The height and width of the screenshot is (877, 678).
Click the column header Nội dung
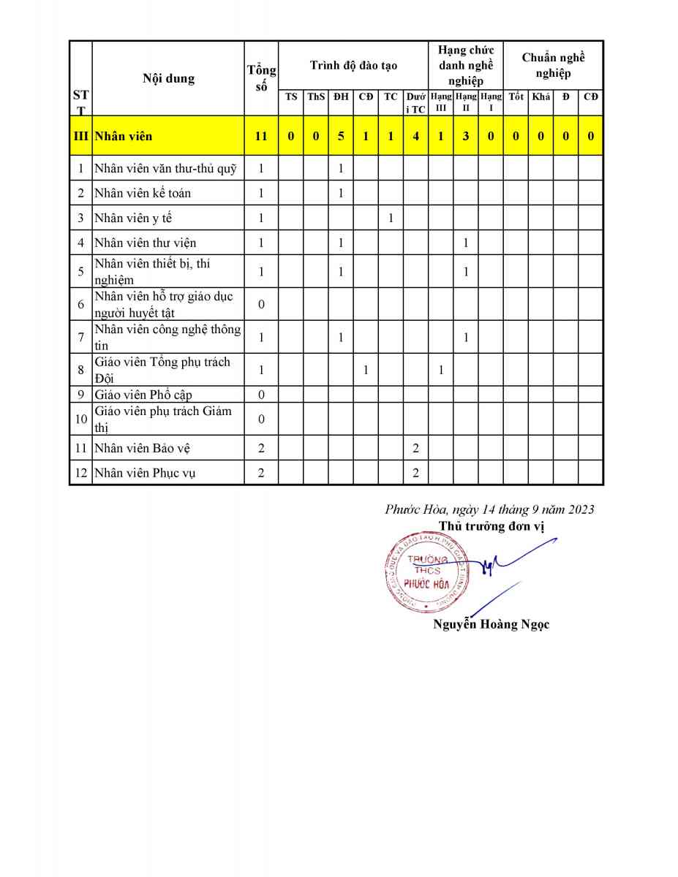[168, 78]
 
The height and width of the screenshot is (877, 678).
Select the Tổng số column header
[261, 78]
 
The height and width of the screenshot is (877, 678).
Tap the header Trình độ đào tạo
[353, 65]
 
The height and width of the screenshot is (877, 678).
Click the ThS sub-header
[315, 96]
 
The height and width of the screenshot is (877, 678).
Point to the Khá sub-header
[540, 96]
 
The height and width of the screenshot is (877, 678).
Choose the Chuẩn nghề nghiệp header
[553, 65]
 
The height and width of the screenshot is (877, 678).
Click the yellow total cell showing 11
[261, 136]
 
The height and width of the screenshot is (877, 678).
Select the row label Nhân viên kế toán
[143, 193]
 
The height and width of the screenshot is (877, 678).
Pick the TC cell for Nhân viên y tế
[391, 218]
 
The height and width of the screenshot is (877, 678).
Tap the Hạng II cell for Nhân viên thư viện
[465, 243]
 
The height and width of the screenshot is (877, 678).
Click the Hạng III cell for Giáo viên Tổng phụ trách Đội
[440, 371]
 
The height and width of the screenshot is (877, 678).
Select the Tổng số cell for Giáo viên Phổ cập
[261, 395]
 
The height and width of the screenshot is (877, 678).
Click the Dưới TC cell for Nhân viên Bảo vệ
[415, 448]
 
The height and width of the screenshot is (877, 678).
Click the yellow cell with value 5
[340, 136]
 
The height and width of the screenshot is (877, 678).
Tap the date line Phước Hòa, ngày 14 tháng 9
[489, 509]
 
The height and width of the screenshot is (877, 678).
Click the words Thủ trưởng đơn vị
[491, 525]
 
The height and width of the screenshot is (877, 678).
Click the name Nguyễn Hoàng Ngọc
[491, 624]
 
